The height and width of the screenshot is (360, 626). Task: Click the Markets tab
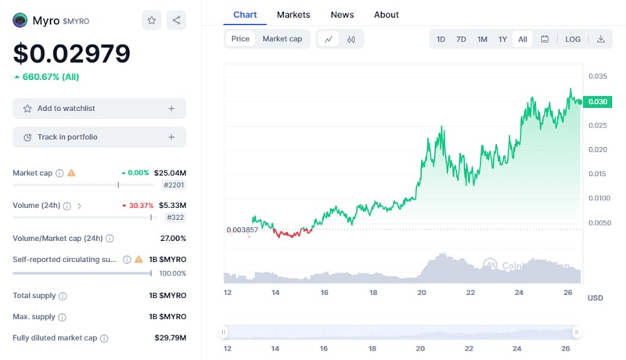point(293,15)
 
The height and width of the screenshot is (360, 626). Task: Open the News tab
point(342,15)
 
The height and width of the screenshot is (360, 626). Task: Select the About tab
point(386,15)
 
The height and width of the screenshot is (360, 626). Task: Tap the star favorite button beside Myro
point(152,21)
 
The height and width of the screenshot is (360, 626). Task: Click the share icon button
point(176,21)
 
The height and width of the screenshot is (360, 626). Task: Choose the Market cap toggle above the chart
point(282,39)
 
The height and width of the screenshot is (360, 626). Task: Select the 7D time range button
point(462,39)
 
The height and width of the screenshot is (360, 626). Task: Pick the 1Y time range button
point(502,39)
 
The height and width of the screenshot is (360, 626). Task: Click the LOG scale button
point(573,39)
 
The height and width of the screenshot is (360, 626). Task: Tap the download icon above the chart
point(600,39)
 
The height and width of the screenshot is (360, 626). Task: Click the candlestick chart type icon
point(351,39)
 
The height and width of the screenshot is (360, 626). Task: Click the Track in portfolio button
point(99,137)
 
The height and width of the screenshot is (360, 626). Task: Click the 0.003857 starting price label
point(241,229)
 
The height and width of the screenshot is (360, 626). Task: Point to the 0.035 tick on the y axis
point(597,77)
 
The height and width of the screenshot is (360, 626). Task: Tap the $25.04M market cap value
point(170,172)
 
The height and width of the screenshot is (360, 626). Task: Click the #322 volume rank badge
point(175,218)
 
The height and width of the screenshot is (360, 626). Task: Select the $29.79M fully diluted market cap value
point(170,338)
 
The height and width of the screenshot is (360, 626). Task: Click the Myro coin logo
point(20,21)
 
